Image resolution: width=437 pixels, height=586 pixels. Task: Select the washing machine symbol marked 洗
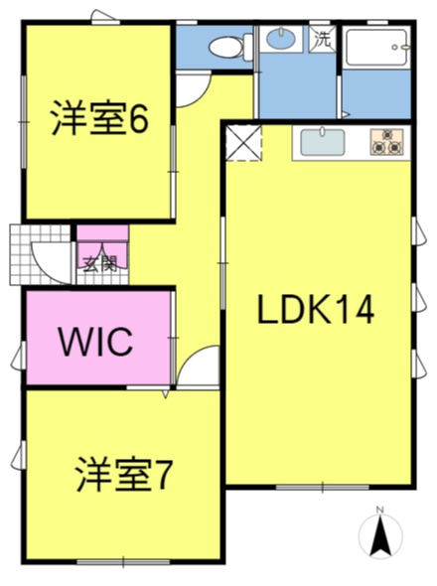click(322, 40)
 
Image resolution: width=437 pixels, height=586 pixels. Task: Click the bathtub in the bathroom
click(376, 47)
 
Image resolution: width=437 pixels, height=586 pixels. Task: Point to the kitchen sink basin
click(323, 142)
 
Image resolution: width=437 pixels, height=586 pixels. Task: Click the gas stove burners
click(386, 142)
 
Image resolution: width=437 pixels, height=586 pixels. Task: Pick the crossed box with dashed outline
click(243, 143)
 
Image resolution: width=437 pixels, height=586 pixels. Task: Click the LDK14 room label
click(316, 310)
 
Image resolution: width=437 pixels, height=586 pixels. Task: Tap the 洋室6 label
click(99, 118)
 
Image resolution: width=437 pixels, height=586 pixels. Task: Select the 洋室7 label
click(124, 474)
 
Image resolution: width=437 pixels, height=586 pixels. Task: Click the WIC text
click(96, 342)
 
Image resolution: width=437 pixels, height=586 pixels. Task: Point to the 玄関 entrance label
click(99, 264)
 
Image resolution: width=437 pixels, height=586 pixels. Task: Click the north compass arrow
click(380, 534)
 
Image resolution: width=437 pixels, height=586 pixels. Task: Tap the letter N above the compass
click(380, 509)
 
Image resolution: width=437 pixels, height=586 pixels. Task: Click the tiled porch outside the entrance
click(40, 254)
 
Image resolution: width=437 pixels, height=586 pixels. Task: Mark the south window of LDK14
click(323, 487)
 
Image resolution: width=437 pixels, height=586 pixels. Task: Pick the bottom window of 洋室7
click(123, 562)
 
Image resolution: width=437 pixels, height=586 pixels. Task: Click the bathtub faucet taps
click(401, 47)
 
